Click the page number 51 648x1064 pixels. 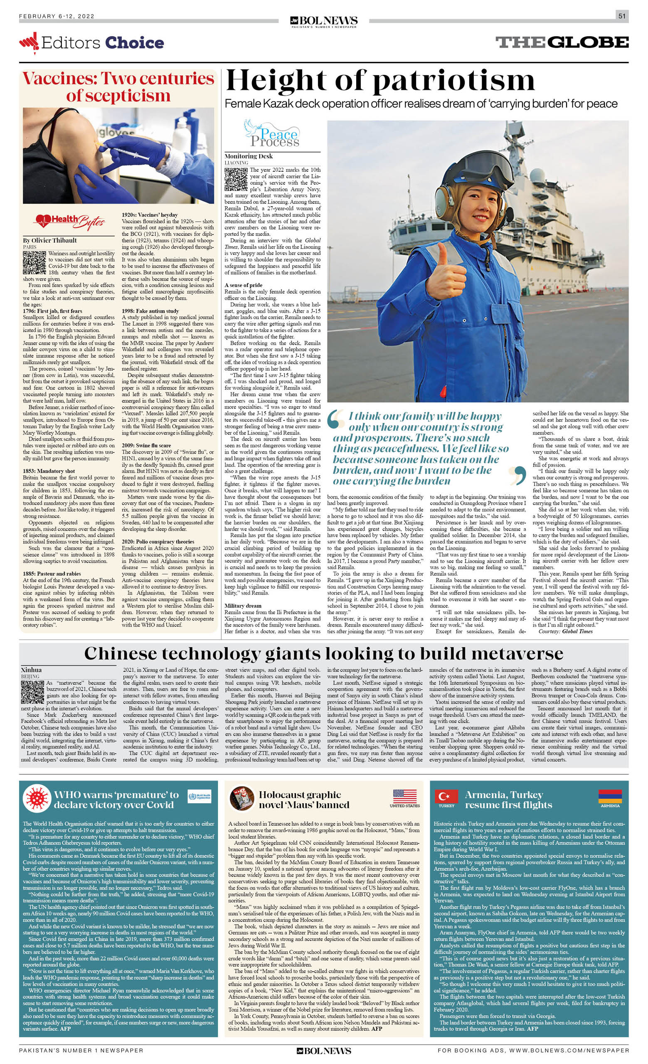[x=622, y=16]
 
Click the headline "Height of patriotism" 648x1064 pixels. [x=380, y=81]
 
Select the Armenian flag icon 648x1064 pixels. [x=610, y=796]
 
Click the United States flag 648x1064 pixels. [x=404, y=796]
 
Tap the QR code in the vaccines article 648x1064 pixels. [x=34, y=262]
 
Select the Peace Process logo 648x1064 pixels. [x=271, y=134]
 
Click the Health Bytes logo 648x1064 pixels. [x=69, y=222]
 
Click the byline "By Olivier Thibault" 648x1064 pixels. [x=49, y=240]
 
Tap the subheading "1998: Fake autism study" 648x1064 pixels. [x=150, y=311]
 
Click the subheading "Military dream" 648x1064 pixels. [x=243, y=606]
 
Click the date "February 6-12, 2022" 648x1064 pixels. [x=57, y=16]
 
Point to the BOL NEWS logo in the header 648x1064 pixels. [x=324, y=21]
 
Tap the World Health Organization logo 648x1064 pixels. [x=200, y=797]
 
